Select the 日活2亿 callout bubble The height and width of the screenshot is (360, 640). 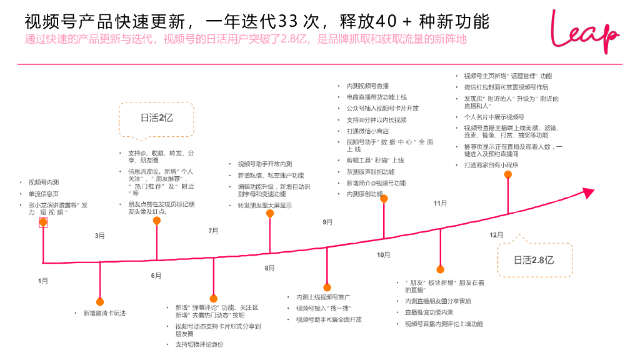click(156, 117)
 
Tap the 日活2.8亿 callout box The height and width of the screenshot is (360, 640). click(534, 260)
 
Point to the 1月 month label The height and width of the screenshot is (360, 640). click(43, 281)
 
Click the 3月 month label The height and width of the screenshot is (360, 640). click(100, 236)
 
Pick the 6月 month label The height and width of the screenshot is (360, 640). click(156, 276)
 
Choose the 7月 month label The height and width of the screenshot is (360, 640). click(213, 231)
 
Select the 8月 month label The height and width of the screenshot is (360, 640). click(270, 268)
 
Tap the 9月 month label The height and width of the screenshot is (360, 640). click(327, 222)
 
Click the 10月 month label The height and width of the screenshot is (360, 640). click(383, 255)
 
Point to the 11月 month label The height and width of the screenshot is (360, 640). click(440, 203)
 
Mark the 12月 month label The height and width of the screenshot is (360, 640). click(496, 235)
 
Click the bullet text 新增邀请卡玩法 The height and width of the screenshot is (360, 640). click(104, 313)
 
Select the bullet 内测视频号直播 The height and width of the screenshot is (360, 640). click(367, 86)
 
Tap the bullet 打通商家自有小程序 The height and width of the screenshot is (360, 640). click(491, 165)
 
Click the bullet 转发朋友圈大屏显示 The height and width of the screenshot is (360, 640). click(264, 205)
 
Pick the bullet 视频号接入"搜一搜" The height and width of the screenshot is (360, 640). click(324, 308)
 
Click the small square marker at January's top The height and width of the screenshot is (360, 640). click(43, 223)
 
